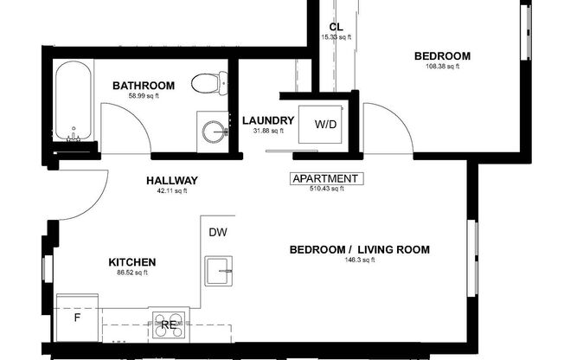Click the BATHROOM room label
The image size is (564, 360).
[144, 86]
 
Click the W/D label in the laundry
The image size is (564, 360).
[325, 125]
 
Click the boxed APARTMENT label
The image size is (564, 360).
[325, 179]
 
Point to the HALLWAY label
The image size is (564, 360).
[172, 181]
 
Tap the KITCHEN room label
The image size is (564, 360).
[131, 262]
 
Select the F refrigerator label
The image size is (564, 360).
[76, 318]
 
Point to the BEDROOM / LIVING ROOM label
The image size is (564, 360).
[359, 250]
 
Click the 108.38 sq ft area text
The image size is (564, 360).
[441, 66]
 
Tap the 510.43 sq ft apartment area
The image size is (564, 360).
[325, 190]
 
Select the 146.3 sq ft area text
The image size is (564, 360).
[359, 260]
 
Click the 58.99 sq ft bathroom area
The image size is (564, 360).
[144, 95]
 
